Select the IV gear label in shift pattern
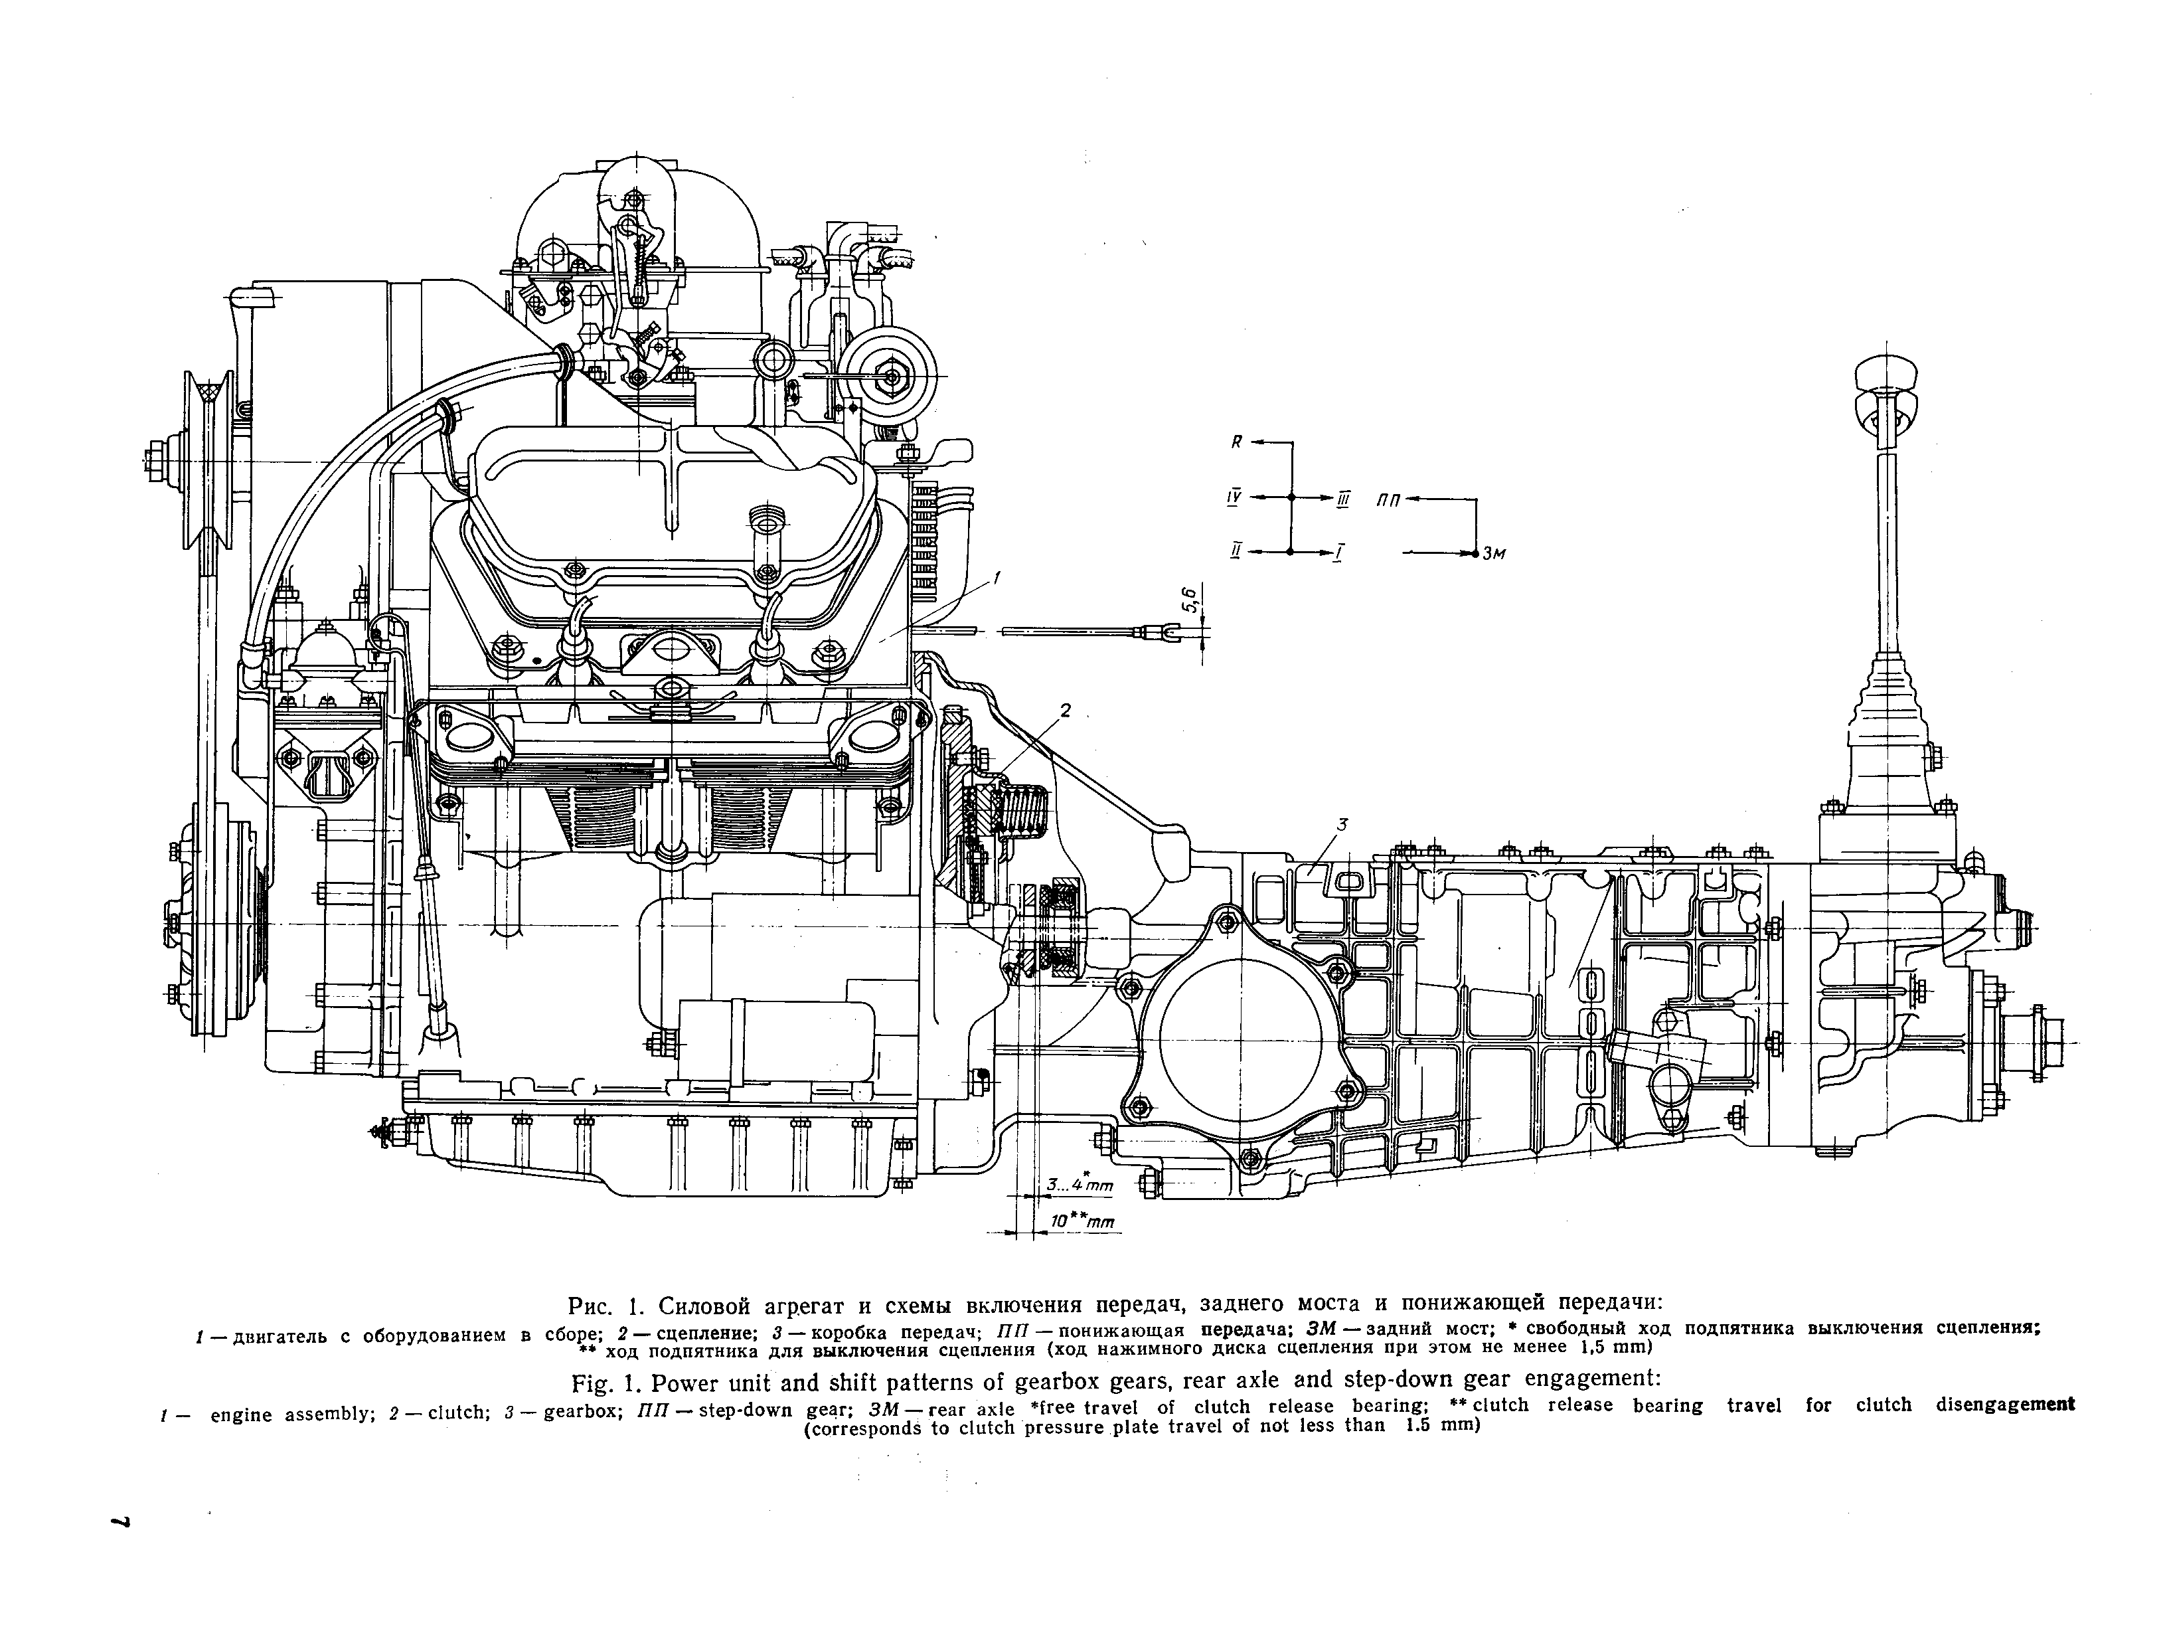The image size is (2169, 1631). [1234, 498]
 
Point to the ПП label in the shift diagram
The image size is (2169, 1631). [1388, 500]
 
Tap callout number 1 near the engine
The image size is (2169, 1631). [997, 578]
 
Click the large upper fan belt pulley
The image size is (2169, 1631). [207, 459]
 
